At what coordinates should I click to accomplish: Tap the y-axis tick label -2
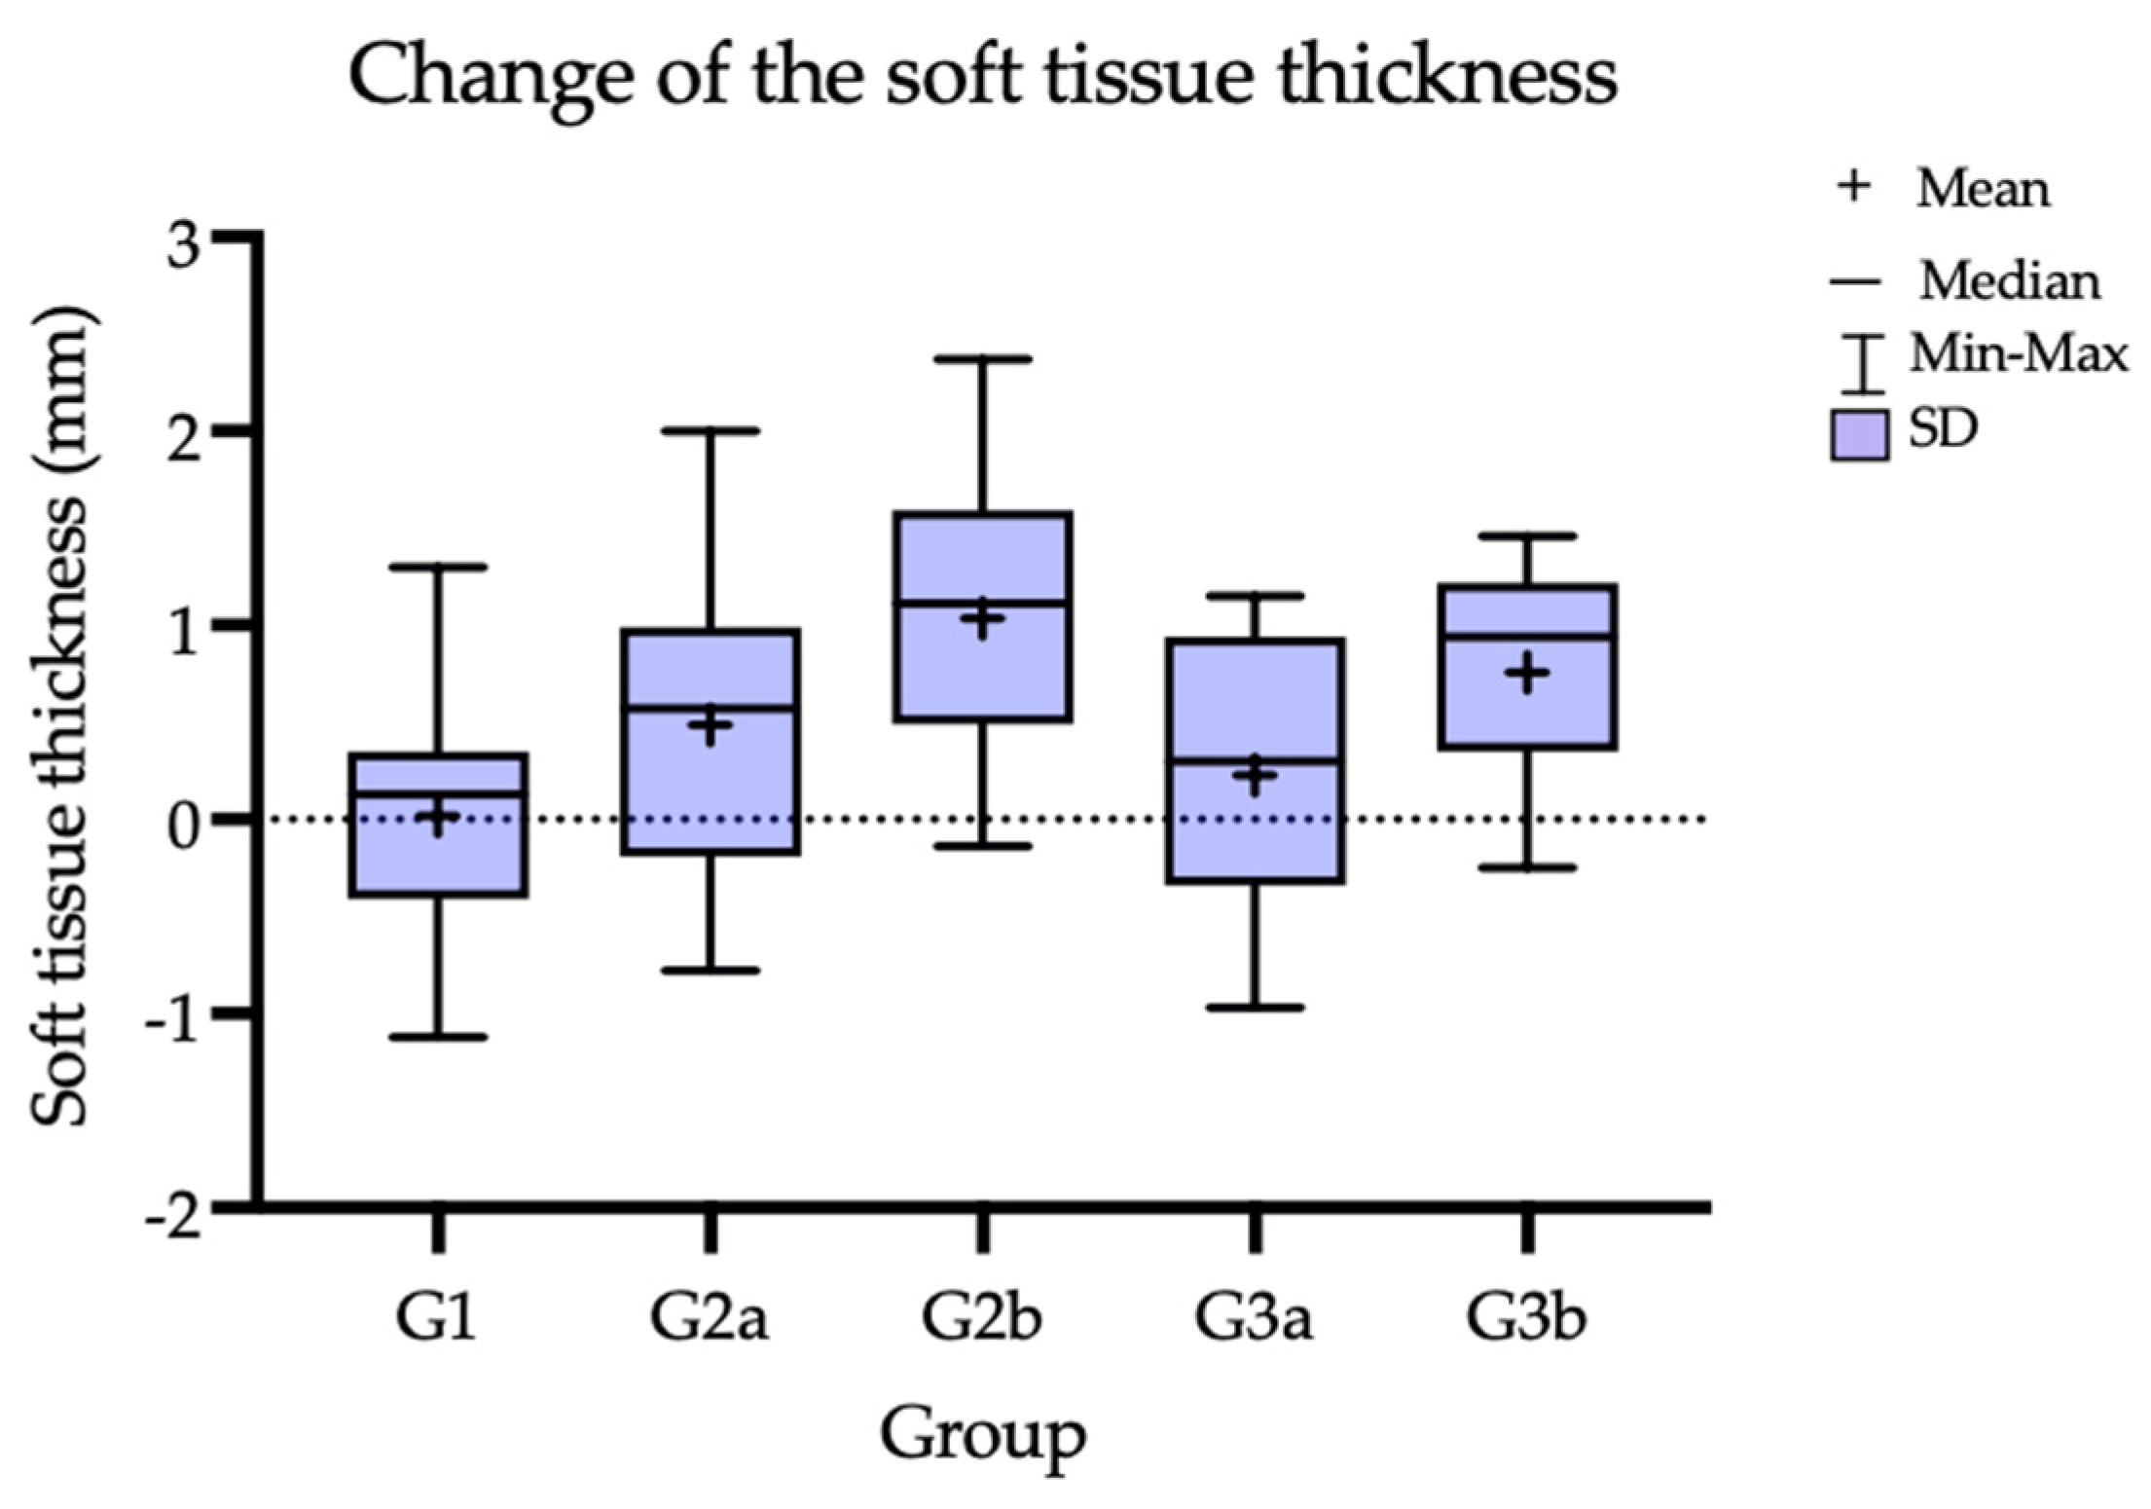pyautogui.click(x=174, y=1217)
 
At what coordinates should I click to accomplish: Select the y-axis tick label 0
pyautogui.click(x=184, y=826)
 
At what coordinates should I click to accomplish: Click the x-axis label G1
pyautogui.click(x=437, y=1317)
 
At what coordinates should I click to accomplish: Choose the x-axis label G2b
pyautogui.click(x=982, y=1317)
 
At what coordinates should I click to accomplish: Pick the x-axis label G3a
pyautogui.click(x=1255, y=1317)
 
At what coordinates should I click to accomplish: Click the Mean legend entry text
pyautogui.click(x=1983, y=188)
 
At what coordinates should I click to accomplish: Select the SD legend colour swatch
pyautogui.click(x=1859, y=435)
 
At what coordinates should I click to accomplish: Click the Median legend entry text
pyautogui.click(x=2009, y=282)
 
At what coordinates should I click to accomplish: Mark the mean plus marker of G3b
pyautogui.click(x=1527, y=673)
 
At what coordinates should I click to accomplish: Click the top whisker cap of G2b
pyautogui.click(x=983, y=359)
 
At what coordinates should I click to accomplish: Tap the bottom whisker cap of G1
pyautogui.click(x=438, y=1037)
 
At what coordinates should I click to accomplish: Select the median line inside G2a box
pyautogui.click(x=711, y=708)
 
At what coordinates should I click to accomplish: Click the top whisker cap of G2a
pyautogui.click(x=711, y=430)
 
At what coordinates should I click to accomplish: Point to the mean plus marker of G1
pyautogui.click(x=438, y=818)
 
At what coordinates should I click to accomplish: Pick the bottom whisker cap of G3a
pyautogui.click(x=1255, y=1008)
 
